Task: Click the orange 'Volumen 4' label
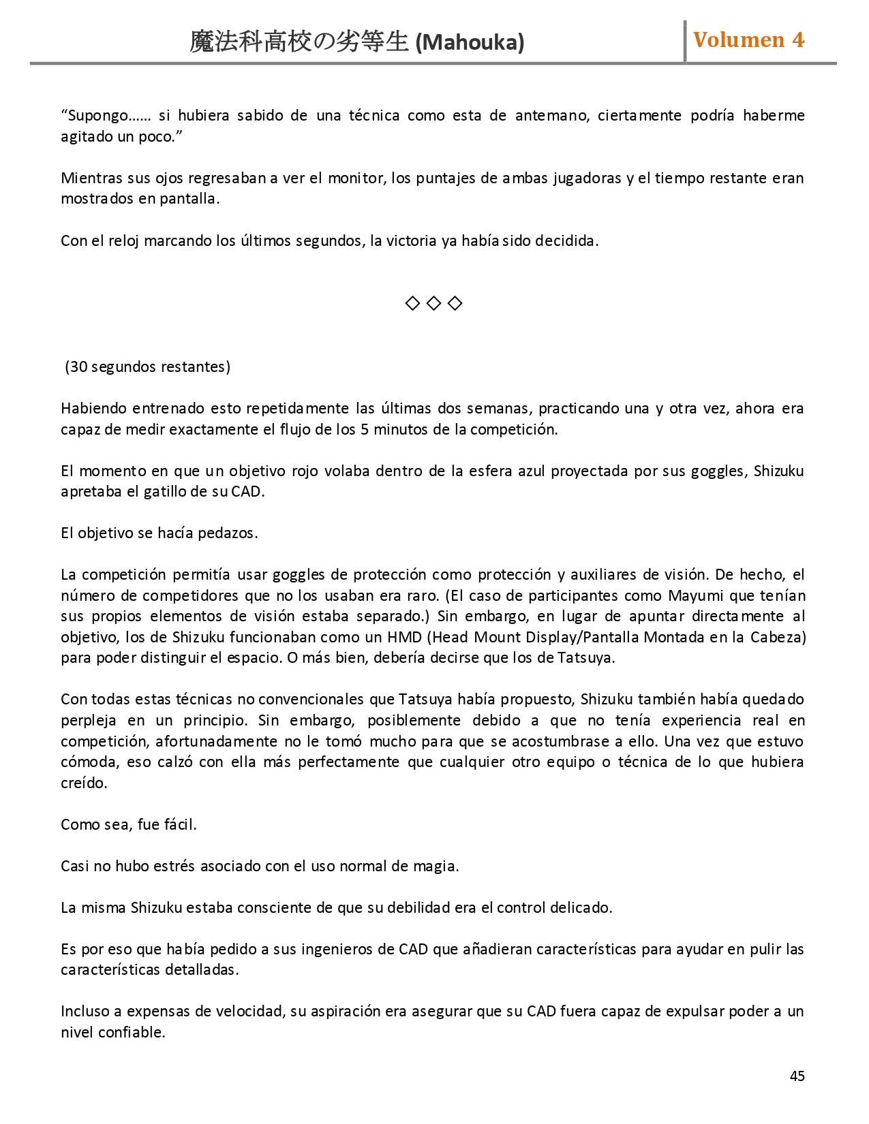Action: pos(748,40)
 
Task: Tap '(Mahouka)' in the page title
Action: pos(470,43)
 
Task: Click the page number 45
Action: pos(797,1076)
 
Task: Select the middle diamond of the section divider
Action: pos(433,303)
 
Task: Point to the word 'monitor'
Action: pos(356,178)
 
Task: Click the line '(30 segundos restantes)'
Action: pos(147,367)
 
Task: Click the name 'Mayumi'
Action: pos(695,596)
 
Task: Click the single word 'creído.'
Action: pos(84,783)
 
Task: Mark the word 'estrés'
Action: pos(154,867)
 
